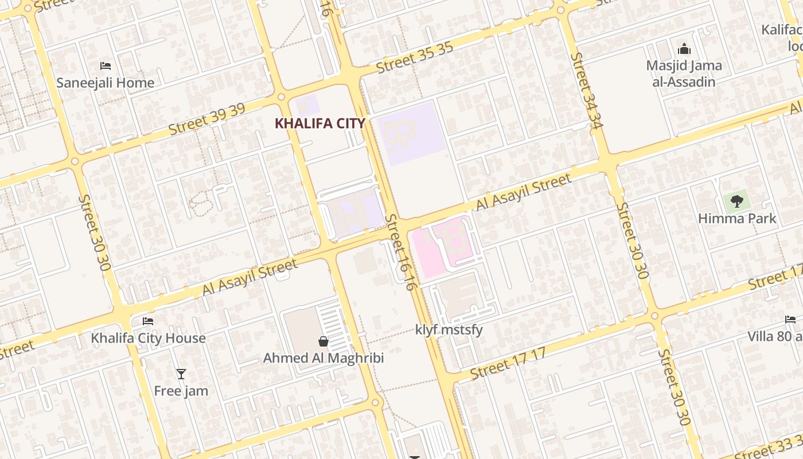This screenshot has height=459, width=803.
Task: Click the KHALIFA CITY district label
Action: [x=320, y=123]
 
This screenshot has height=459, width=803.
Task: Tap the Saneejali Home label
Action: [x=106, y=83]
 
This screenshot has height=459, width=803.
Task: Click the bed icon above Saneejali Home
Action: [x=106, y=65]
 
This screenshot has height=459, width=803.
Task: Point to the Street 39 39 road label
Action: [x=207, y=119]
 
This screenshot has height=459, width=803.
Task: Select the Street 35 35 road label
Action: [x=415, y=58]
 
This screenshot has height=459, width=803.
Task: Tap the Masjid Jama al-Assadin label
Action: [x=684, y=73]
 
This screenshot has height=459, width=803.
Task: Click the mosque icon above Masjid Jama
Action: [x=684, y=49]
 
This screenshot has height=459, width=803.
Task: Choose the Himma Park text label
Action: [x=737, y=219]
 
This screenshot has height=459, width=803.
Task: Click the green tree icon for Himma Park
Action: [x=737, y=201]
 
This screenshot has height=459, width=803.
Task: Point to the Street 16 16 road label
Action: [x=400, y=252]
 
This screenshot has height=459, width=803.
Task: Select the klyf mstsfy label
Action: [x=449, y=330]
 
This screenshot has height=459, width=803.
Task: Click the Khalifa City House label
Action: [x=148, y=338]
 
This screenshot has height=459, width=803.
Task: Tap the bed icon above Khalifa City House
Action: [x=148, y=321]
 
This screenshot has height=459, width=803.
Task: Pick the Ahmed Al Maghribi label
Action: [x=323, y=359]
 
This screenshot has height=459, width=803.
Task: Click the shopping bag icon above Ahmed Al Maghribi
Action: [x=323, y=341]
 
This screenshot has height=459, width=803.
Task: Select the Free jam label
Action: [x=181, y=391]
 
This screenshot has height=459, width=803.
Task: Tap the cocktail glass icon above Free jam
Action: [x=181, y=374]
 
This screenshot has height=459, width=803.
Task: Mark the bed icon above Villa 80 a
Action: [x=790, y=320]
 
